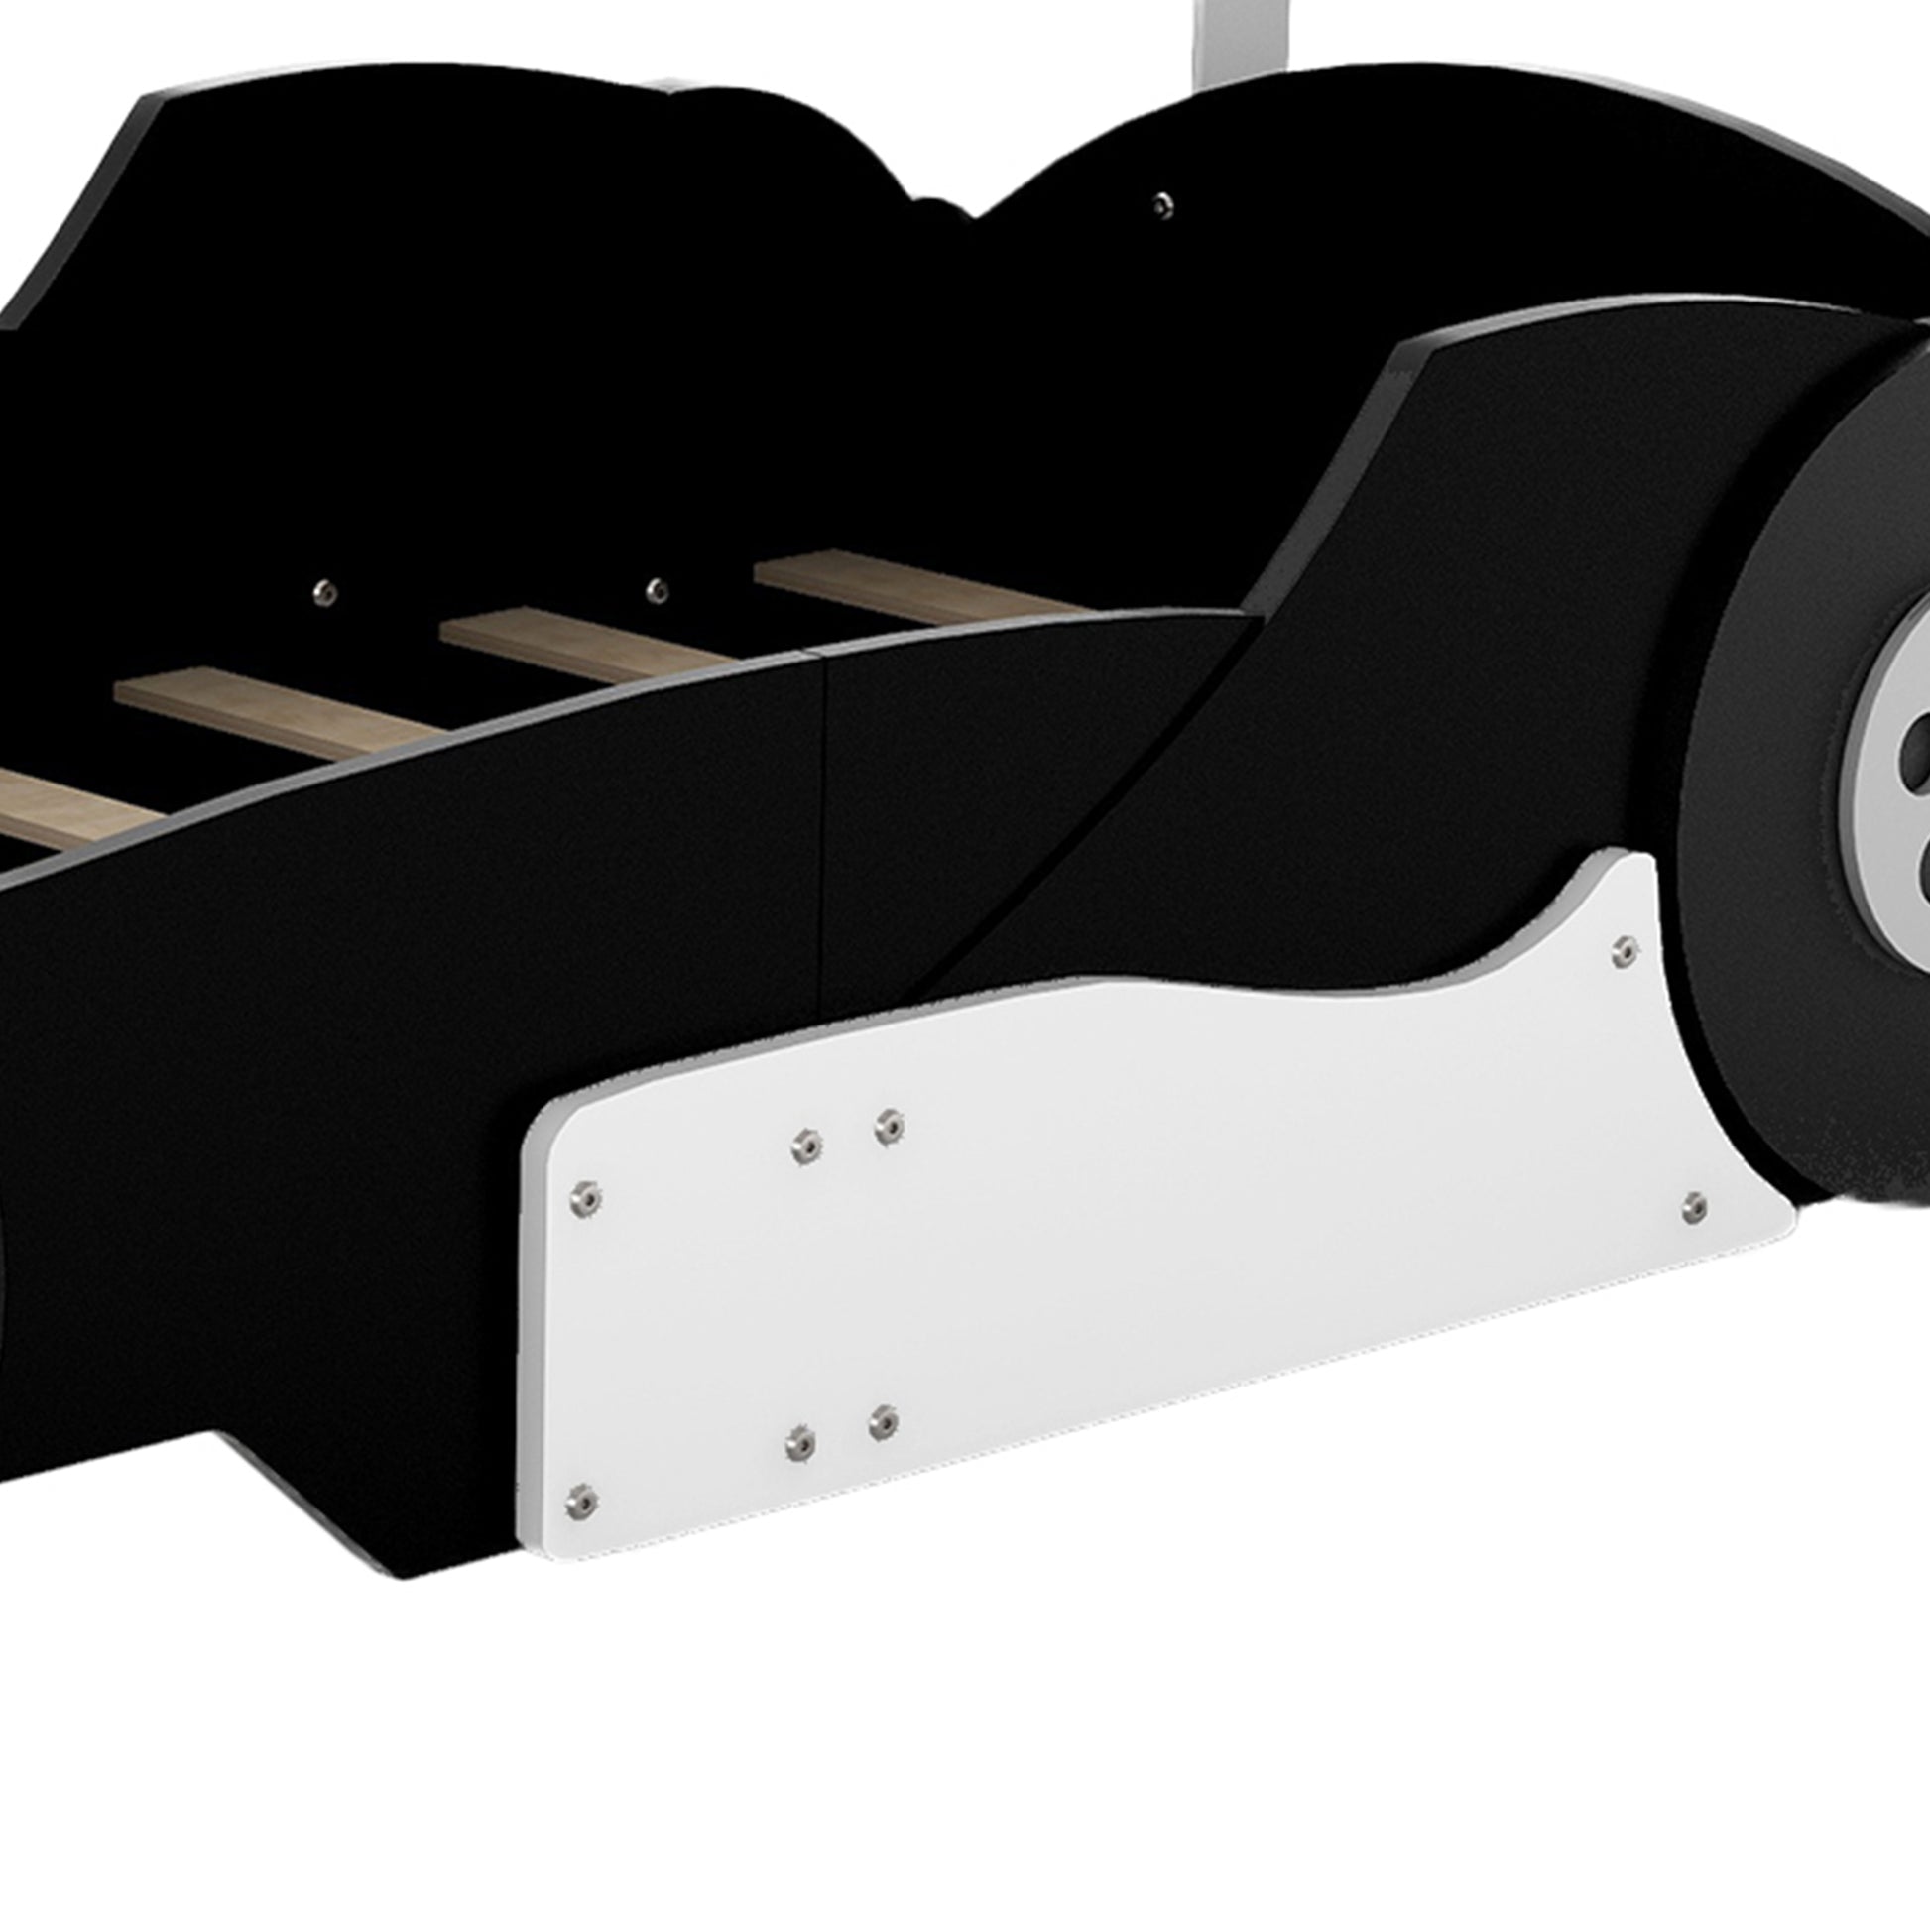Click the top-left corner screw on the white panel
tap(585, 1198)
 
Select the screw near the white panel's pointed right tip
tap(1693, 1208)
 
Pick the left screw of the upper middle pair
tap(806, 1146)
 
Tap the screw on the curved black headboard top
tap(1160, 205)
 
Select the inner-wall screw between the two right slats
tap(657, 589)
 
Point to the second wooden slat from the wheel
tap(599, 647)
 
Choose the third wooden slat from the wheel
tap(290, 711)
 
